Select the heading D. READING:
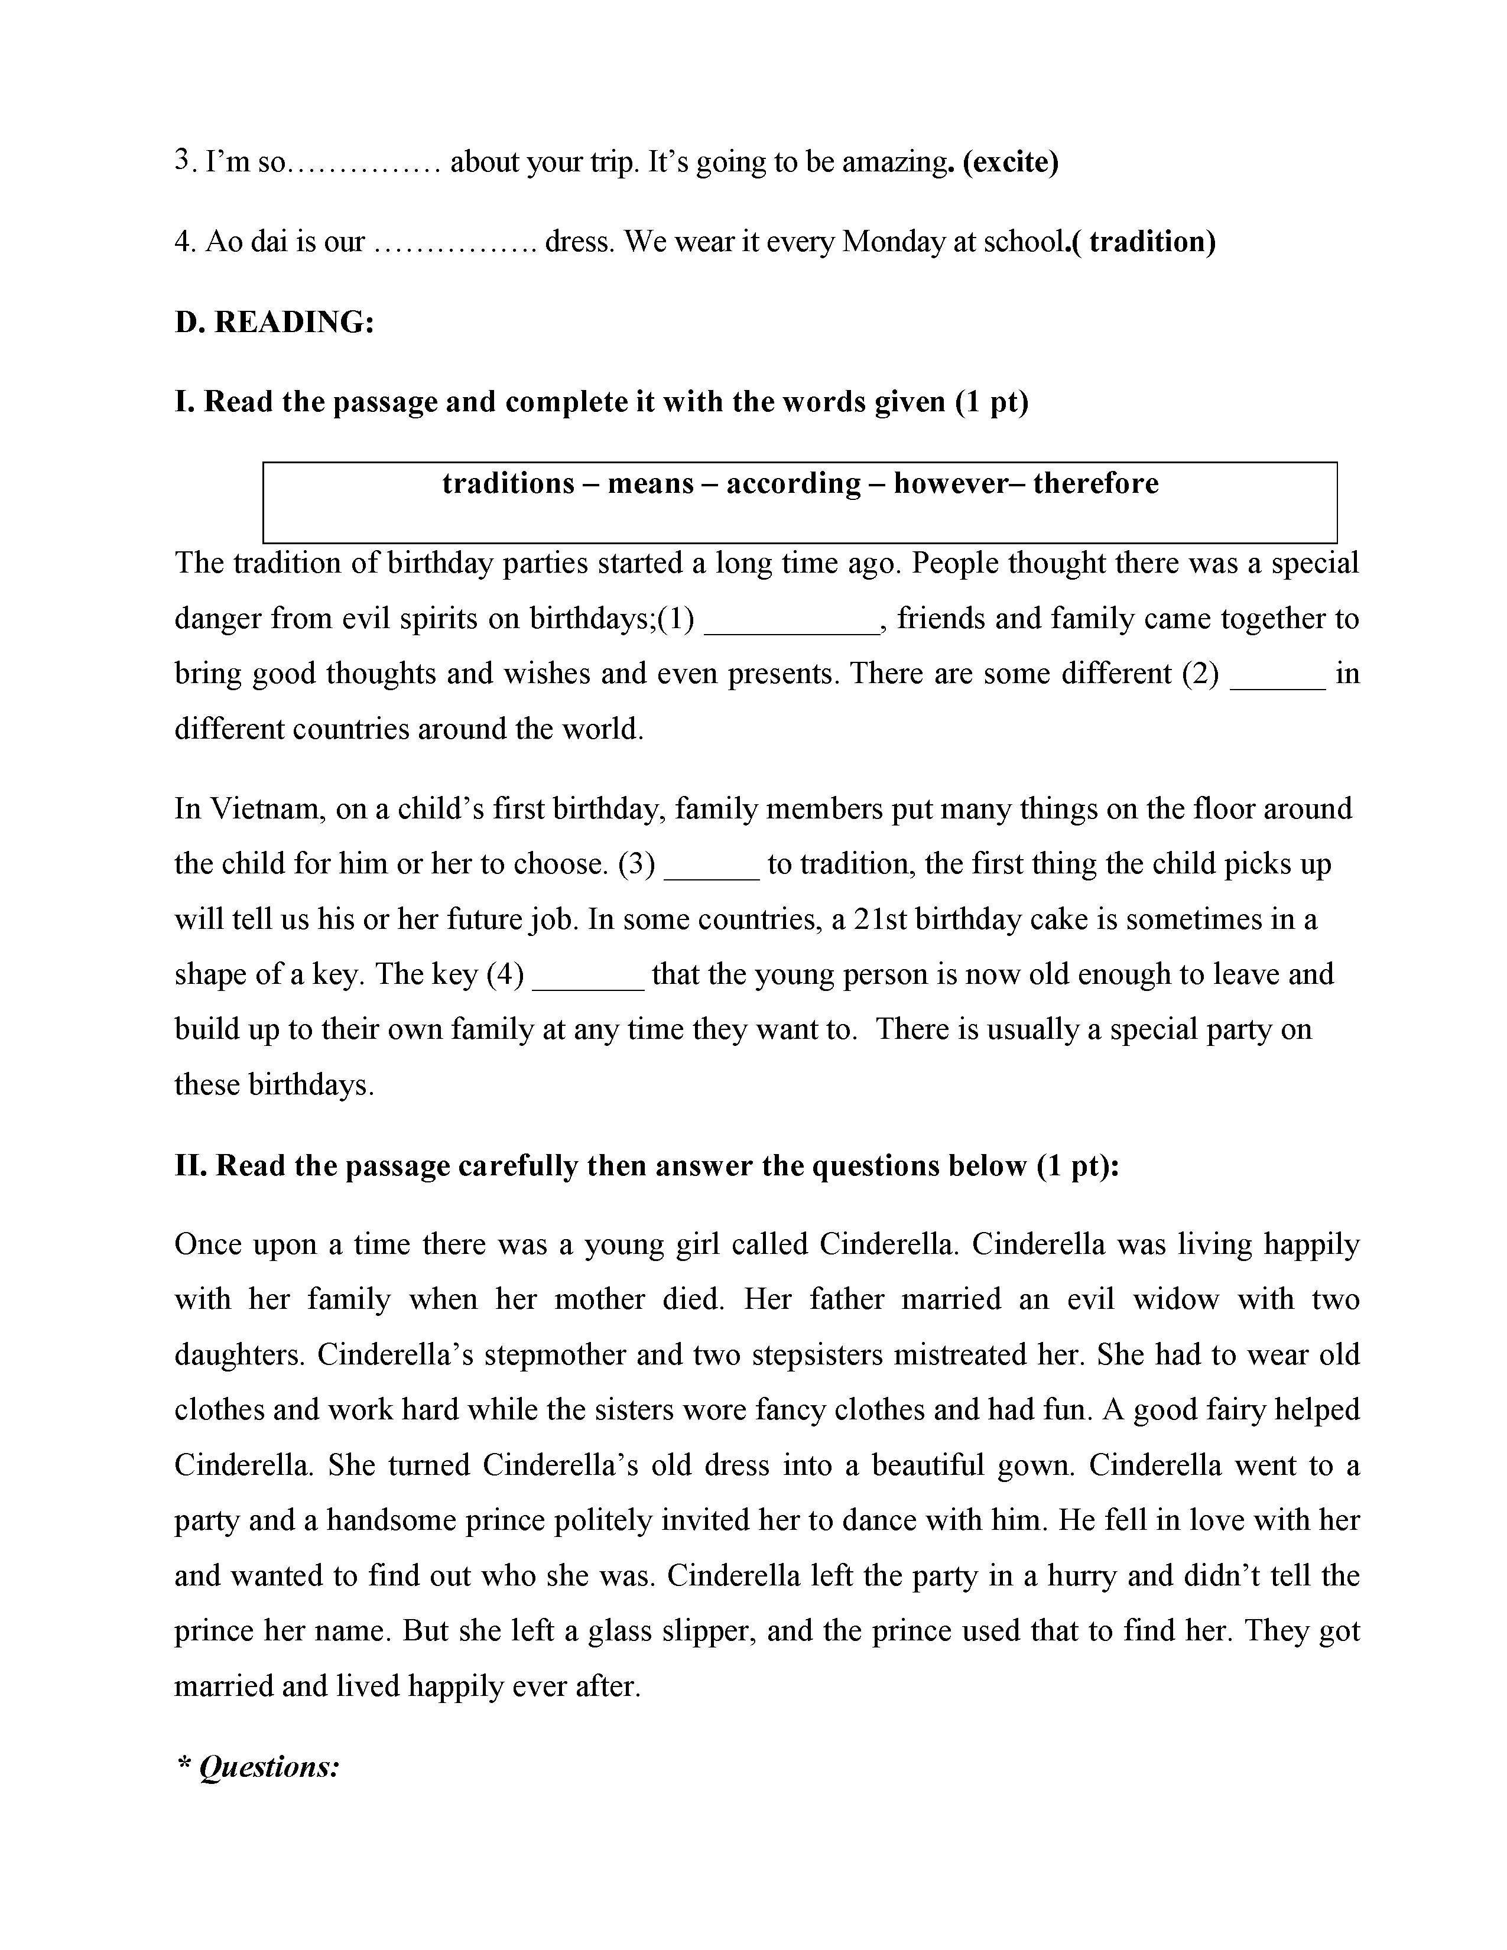point(274,321)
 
